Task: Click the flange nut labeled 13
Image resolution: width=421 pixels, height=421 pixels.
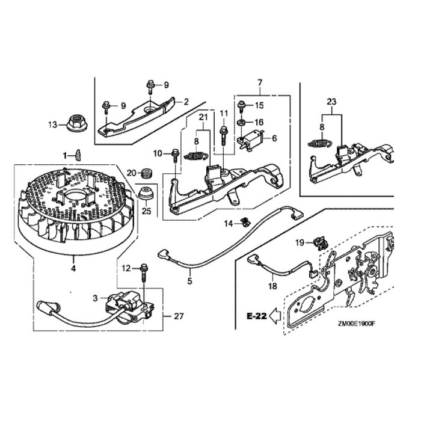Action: point(78,123)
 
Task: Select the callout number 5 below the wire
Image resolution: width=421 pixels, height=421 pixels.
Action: point(190,280)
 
